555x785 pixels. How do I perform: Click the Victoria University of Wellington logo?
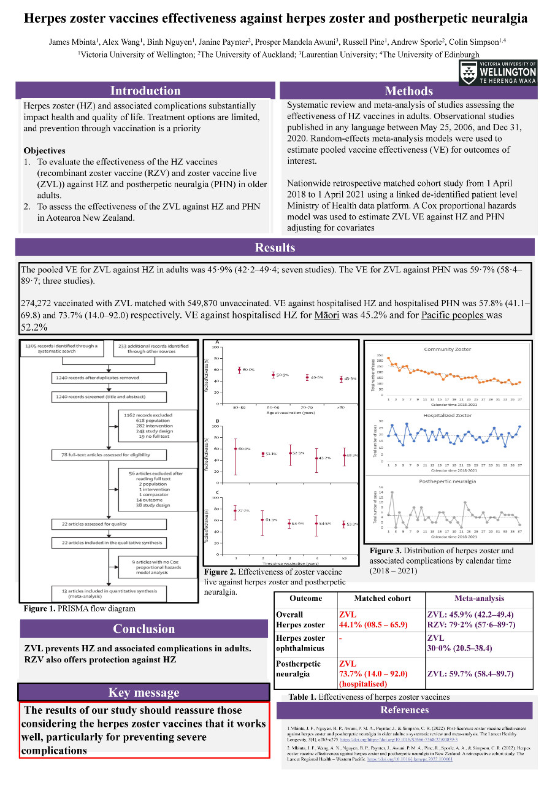point(497,72)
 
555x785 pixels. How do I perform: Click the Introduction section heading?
point(145,91)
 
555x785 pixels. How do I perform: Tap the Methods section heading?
point(408,91)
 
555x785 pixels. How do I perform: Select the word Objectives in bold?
point(44,150)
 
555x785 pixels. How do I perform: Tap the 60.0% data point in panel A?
point(239,370)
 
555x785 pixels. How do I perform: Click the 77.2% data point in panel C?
point(235,510)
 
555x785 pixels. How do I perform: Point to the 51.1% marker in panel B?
point(263,454)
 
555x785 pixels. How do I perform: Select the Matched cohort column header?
point(382,599)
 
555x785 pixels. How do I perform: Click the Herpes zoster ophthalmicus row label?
point(300,643)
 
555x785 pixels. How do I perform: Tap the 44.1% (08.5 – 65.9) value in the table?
point(373,625)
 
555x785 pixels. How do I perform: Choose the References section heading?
point(405,710)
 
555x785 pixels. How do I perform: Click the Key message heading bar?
point(144,692)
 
